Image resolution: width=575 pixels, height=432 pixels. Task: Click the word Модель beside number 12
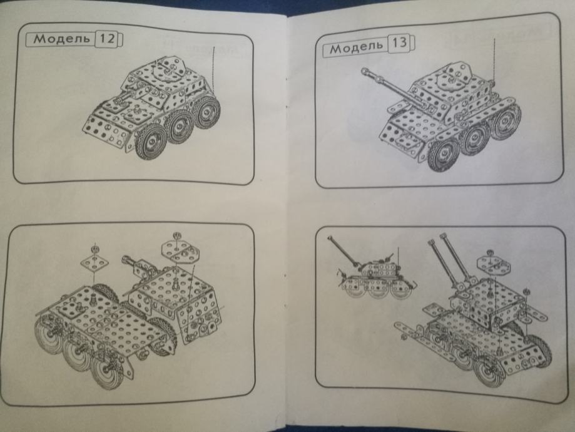click(61, 39)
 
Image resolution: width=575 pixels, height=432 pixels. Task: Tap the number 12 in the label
click(107, 39)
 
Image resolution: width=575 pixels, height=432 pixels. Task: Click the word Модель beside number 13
click(356, 47)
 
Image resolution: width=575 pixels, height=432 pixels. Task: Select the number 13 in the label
click(399, 43)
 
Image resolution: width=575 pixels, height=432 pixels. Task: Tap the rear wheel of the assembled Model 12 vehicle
click(208, 111)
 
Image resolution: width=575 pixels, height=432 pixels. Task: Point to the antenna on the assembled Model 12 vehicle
click(213, 69)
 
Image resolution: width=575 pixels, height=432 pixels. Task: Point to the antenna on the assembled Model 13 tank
click(495, 61)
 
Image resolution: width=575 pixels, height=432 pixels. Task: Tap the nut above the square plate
click(95, 249)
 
